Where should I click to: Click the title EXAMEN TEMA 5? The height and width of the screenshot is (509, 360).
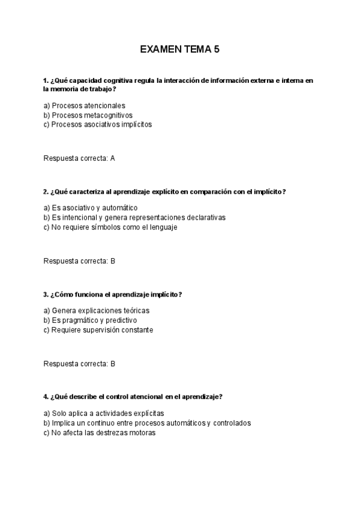[179, 50]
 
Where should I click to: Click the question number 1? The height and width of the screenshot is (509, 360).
[46, 80]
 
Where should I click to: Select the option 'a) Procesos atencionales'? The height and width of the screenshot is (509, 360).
[84, 106]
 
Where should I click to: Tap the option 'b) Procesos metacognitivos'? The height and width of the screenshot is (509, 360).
[88, 115]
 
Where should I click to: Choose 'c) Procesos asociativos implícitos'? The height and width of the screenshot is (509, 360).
[98, 125]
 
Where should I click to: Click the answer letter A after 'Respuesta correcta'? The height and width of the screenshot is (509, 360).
[113, 158]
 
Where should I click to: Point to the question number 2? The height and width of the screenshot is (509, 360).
[46, 191]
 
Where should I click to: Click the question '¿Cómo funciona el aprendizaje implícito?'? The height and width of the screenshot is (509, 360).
[116, 294]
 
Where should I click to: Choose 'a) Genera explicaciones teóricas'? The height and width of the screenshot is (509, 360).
[97, 310]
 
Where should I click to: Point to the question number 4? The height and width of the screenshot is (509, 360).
[46, 397]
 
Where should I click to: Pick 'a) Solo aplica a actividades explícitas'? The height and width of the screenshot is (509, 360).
[104, 413]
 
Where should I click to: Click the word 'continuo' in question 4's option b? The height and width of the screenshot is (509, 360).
[99, 423]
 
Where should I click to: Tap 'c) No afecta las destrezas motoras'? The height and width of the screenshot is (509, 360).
[100, 432]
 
